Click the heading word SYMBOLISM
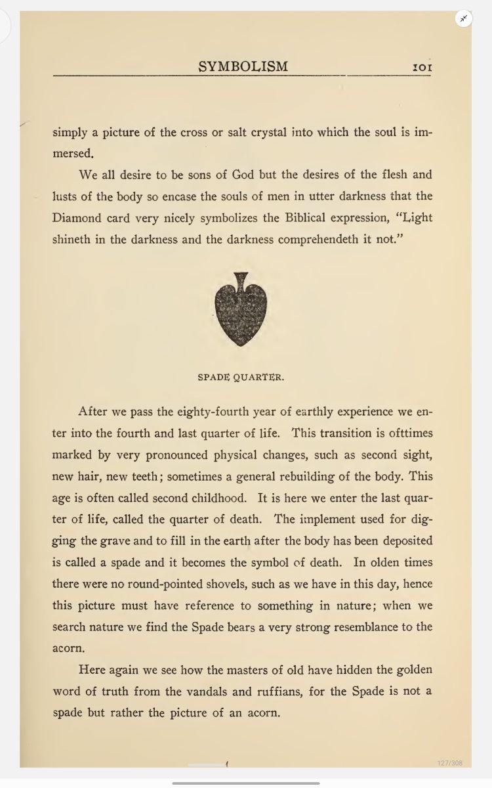[243, 66]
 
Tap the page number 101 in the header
[421, 67]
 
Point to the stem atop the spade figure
[241, 279]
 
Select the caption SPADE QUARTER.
[241, 378]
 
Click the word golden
[411, 670]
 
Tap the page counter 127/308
[450, 763]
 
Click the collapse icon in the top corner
[464, 18]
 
